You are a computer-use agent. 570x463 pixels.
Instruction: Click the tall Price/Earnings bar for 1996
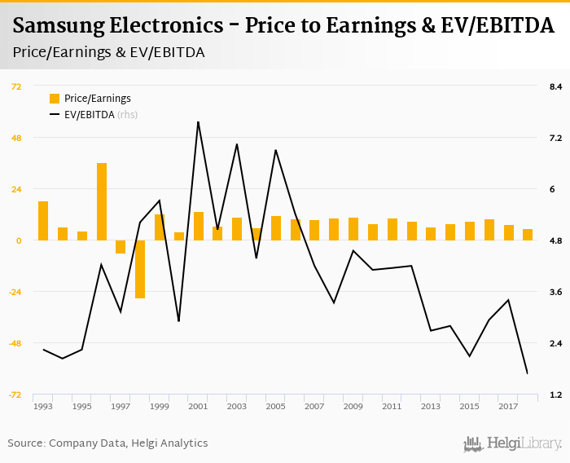point(102,201)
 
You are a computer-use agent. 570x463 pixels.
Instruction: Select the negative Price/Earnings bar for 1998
point(140,269)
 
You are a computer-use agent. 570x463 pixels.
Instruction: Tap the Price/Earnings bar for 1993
point(43,220)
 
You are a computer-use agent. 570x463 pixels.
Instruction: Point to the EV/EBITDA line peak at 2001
point(198,122)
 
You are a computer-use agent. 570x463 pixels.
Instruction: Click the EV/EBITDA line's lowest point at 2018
point(527,373)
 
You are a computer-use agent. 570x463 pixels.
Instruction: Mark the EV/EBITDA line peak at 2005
point(275,150)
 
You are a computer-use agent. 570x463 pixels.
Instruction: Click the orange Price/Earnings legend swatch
point(55,99)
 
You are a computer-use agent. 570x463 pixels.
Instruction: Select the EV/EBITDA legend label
point(90,115)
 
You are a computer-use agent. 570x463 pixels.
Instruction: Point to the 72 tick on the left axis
point(15,86)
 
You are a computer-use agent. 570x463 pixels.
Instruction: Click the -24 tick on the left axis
point(14,292)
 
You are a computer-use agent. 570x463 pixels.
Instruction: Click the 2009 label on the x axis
point(353,406)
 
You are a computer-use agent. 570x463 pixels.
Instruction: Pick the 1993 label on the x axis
point(43,406)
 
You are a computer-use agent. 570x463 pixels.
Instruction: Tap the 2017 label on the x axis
point(507,406)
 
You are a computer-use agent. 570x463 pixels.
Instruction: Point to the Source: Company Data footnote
point(107,443)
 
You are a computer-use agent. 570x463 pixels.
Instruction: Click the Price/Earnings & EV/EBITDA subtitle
point(109,52)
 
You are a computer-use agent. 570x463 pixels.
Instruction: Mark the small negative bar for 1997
point(121,247)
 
